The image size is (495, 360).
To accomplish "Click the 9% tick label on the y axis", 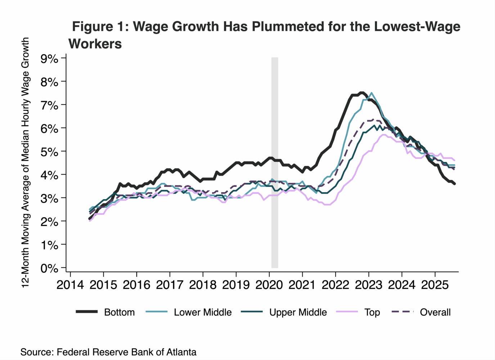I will click(x=49, y=59).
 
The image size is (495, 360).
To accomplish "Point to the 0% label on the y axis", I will click(x=49, y=268).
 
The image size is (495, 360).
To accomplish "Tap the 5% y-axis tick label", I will click(x=49, y=152).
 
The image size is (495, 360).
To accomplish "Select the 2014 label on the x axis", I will click(x=70, y=285).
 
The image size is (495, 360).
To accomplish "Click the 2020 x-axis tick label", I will click(x=269, y=285).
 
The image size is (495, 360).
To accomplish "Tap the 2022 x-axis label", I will click(x=335, y=285).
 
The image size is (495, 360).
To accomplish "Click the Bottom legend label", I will click(x=119, y=312).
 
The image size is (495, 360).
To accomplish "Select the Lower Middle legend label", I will click(x=203, y=312).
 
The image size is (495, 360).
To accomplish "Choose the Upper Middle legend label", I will click(x=298, y=312).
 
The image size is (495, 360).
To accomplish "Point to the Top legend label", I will click(x=372, y=312).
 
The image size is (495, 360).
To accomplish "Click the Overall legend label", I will click(x=435, y=312).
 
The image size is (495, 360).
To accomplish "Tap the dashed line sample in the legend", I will click(x=402, y=312).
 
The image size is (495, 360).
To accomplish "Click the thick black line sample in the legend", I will click(x=87, y=312).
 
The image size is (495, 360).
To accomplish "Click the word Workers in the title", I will click(x=95, y=44).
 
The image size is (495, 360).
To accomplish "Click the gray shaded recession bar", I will click(x=275, y=162).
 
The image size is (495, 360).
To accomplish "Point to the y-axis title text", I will click(x=25, y=162).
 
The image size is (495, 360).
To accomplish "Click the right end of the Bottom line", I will click(x=455, y=184).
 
